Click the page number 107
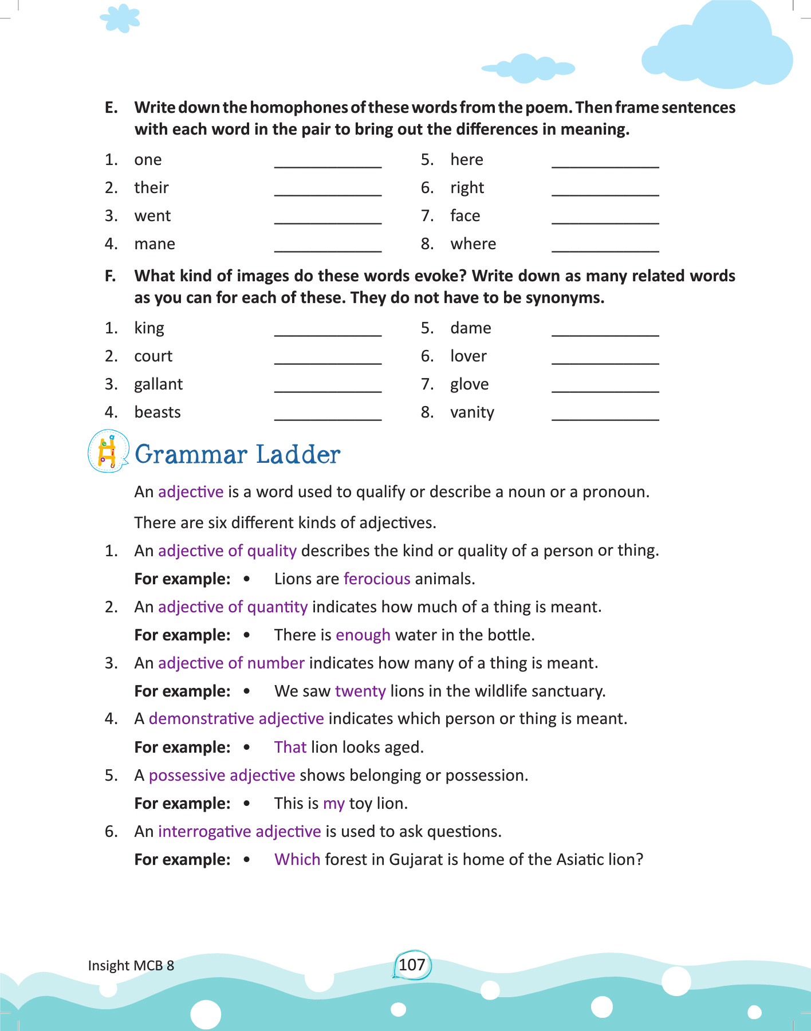point(412,965)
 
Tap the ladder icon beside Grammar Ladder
point(108,451)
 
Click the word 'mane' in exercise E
point(155,244)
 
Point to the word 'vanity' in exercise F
point(472,412)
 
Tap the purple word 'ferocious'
point(377,579)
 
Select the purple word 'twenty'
point(360,691)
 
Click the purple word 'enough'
point(363,635)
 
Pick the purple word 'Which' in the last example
point(297,859)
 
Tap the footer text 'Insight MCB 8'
point(131,965)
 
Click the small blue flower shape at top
point(120,18)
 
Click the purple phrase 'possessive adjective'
point(222,775)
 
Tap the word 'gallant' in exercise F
point(158,384)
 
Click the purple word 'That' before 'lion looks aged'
point(290,747)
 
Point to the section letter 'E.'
point(111,108)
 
